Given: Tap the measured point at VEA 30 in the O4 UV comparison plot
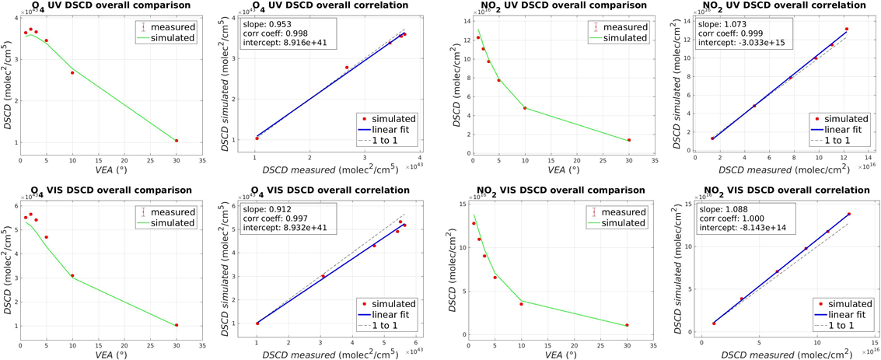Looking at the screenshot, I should click(x=177, y=141).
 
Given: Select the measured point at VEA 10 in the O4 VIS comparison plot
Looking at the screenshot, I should click(x=72, y=275).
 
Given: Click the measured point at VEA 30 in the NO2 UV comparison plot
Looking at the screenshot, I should click(x=629, y=140).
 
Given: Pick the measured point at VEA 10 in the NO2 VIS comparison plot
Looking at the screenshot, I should click(x=521, y=304).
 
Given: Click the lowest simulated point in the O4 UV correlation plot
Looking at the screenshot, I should click(x=257, y=138).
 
